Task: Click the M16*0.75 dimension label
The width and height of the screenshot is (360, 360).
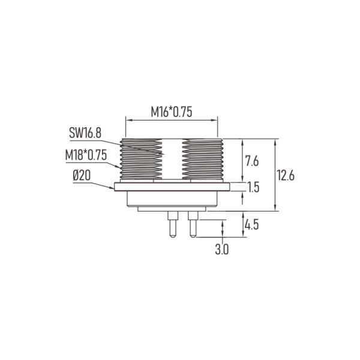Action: (x=171, y=112)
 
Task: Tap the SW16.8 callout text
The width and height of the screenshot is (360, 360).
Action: (x=85, y=133)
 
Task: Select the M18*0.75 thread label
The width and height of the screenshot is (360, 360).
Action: (x=86, y=155)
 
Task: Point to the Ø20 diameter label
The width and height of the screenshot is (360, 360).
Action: (x=82, y=176)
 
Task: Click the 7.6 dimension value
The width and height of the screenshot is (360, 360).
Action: (x=252, y=161)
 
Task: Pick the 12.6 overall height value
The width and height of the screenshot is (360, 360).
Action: (x=286, y=175)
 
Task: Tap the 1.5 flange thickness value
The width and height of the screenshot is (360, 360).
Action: (x=253, y=187)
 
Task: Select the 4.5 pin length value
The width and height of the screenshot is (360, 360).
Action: (x=251, y=224)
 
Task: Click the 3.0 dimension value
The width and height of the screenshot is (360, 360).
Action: (x=222, y=250)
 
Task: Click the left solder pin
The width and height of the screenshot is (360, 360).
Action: (x=173, y=224)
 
